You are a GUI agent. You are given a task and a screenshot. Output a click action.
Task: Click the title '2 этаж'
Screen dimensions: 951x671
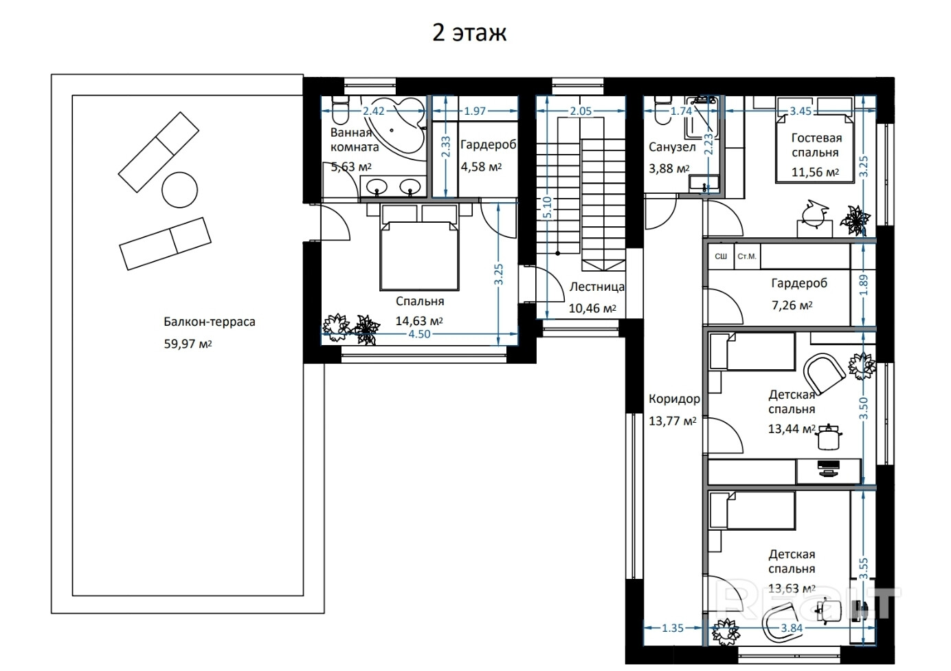pyautogui.click(x=469, y=33)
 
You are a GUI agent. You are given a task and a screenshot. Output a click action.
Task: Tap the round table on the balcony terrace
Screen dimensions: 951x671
pyautogui.click(x=179, y=190)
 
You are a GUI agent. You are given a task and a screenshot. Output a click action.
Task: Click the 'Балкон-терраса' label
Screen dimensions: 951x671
pyautogui.click(x=210, y=322)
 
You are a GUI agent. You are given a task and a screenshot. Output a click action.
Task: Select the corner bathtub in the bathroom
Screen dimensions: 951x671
pyautogui.click(x=393, y=127)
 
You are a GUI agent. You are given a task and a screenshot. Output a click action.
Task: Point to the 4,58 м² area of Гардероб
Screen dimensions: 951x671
pyautogui.click(x=482, y=166)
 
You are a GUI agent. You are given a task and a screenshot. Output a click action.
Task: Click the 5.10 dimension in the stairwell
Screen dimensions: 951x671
pyautogui.click(x=547, y=208)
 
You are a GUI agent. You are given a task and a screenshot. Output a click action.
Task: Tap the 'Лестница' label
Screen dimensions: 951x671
pyautogui.click(x=597, y=287)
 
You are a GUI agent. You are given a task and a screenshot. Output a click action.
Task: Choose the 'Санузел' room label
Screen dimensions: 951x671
pyautogui.click(x=672, y=147)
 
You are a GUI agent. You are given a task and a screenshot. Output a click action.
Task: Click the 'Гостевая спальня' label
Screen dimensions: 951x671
pyautogui.click(x=816, y=145)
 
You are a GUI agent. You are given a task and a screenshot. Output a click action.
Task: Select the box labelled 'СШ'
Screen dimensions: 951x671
pyautogui.click(x=721, y=256)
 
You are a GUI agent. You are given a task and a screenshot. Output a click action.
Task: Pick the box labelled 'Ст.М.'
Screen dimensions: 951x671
pyautogui.click(x=747, y=256)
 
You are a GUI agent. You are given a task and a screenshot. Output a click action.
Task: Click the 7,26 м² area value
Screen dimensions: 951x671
pyautogui.click(x=792, y=305)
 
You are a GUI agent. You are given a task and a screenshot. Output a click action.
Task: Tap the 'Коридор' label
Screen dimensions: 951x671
pyautogui.click(x=674, y=399)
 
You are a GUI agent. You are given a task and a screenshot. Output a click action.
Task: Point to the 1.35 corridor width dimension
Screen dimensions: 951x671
pyautogui.click(x=673, y=628)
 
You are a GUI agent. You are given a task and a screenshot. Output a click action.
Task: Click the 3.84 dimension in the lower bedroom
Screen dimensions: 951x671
pyautogui.click(x=792, y=628)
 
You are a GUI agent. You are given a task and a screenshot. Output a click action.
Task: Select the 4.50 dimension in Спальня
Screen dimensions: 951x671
pyautogui.click(x=419, y=334)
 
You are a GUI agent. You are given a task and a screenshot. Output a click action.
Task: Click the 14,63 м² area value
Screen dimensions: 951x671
pyautogui.click(x=419, y=320)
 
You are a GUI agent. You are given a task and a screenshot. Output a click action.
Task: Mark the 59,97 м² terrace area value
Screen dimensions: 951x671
pyautogui.click(x=188, y=344)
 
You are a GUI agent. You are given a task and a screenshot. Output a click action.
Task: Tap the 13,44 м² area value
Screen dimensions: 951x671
pyautogui.click(x=792, y=429)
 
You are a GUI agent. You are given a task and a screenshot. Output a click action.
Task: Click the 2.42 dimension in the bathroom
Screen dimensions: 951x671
pyautogui.click(x=374, y=111)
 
